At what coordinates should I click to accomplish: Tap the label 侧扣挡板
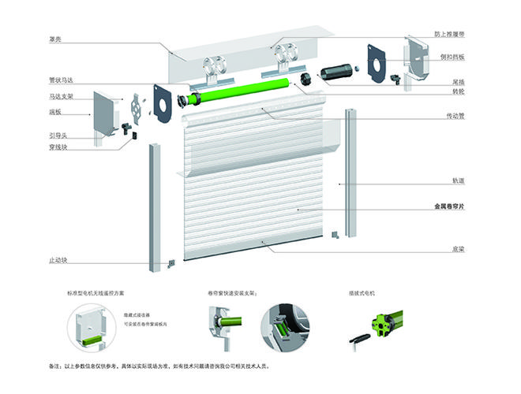[x=452, y=58]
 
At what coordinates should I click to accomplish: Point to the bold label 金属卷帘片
[x=449, y=207]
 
